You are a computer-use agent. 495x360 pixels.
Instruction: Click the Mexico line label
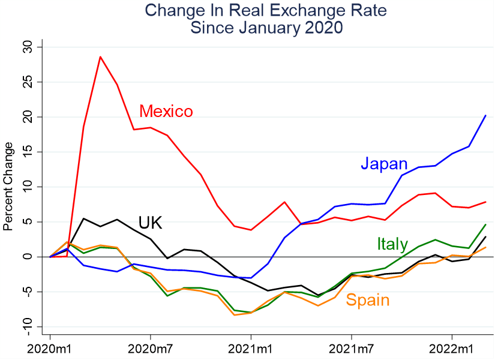[x=166, y=112]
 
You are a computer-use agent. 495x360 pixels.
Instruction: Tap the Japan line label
[x=384, y=164]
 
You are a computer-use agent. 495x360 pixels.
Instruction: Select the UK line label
[x=151, y=223]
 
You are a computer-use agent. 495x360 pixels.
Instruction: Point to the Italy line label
[x=392, y=244]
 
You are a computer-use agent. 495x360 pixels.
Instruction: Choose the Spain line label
[x=368, y=300]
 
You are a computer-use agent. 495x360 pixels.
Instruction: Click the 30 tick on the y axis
[x=28, y=47]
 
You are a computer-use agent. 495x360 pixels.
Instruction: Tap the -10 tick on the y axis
[x=28, y=327]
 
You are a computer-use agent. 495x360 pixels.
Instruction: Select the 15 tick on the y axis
[x=28, y=152]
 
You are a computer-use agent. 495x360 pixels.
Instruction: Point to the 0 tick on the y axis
[x=28, y=257]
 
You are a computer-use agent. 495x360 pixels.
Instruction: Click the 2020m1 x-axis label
[x=50, y=348]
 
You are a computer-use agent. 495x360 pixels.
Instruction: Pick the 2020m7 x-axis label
[x=150, y=348]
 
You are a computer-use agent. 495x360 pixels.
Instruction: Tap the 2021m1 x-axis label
[x=250, y=348]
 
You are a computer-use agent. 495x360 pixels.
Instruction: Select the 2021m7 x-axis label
[x=350, y=348]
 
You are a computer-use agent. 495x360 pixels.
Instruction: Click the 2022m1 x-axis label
[x=451, y=348]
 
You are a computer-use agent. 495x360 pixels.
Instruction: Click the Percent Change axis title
[x=8, y=186]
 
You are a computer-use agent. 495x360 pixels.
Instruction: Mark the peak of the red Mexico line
[x=100, y=56]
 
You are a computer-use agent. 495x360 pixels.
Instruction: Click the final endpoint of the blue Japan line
[x=485, y=115]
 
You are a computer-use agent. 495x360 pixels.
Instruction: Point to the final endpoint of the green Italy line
[x=485, y=224]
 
